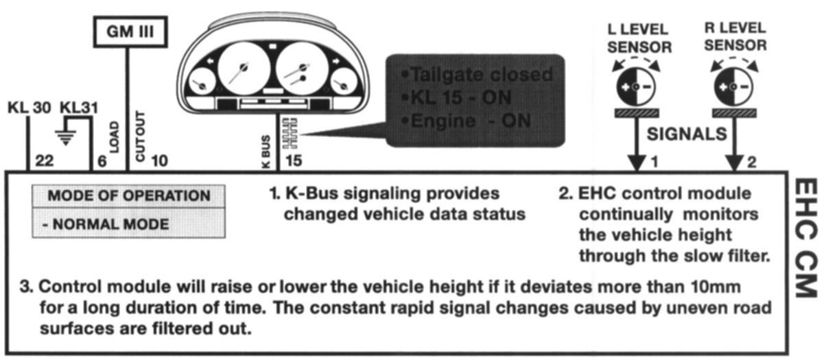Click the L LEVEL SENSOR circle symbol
(x=635, y=87)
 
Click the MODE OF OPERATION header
(x=128, y=196)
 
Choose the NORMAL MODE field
(x=128, y=224)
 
